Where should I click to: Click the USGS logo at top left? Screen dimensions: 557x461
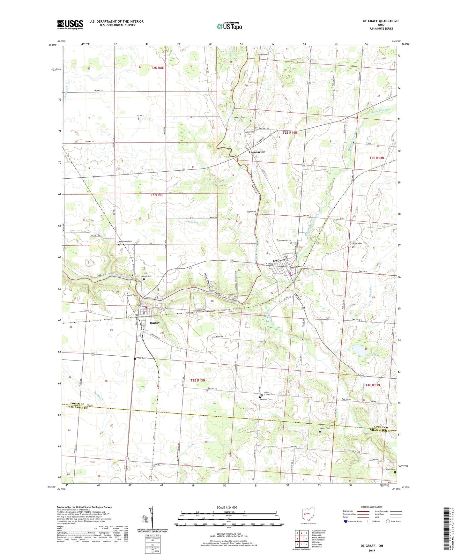[70, 25]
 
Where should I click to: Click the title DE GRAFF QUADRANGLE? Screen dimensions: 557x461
[381, 21]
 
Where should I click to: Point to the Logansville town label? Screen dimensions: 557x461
[257, 152]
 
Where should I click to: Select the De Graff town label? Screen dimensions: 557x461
[279, 260]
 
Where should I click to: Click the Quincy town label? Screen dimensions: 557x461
[155, 323]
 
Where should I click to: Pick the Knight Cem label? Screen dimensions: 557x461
[263, 54]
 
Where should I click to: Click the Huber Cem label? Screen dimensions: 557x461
[357, 244]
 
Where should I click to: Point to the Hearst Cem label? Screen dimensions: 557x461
[324, 428]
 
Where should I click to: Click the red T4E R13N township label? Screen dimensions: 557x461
[372, 385]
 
